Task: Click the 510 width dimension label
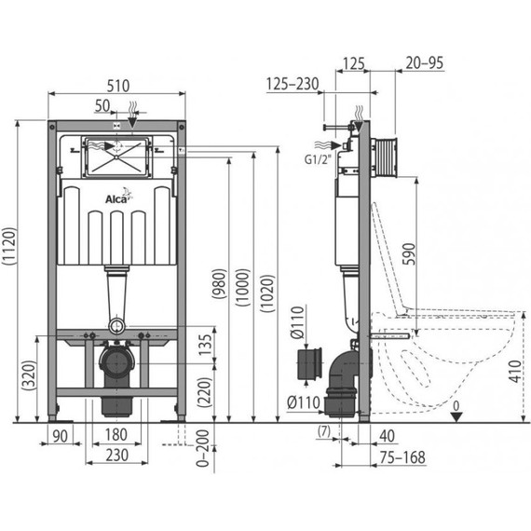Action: [x=118, y=86]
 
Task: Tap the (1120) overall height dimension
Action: [x=8, y=246]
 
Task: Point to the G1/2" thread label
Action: [x=317, y=159]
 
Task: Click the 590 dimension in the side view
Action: [x=409, y=254]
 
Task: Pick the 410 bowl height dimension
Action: [x=515, y=372]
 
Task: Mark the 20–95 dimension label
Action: [x=424, y=63]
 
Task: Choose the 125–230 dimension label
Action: [x=293, y=84]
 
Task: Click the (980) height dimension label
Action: [x=219, y=284]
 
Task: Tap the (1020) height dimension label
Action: [x=268, y=293]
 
